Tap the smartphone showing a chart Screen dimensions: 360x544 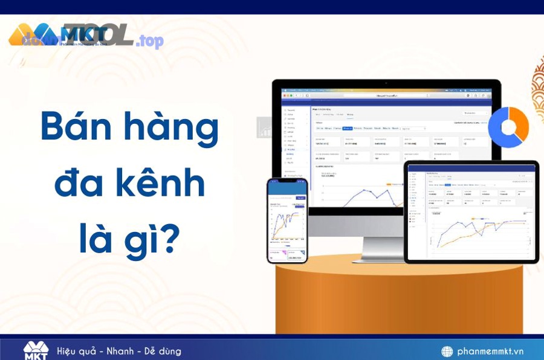(287, 220)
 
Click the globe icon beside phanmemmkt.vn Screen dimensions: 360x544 (447, 351)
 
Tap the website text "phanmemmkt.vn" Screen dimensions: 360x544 (490, 351)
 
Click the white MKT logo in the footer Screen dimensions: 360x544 (35, 350)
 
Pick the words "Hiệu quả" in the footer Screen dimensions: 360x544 (77, 351)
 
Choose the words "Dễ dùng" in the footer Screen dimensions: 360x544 (162, 351)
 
